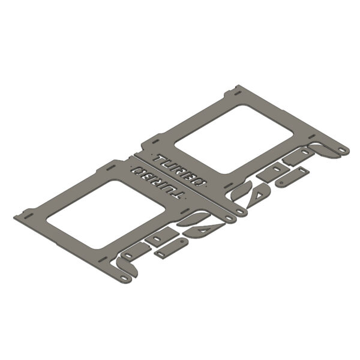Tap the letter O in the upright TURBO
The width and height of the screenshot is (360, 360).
[200, 182]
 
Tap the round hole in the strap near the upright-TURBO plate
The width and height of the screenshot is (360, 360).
[282, 183]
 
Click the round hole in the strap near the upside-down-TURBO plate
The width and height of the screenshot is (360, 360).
[182, 241]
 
